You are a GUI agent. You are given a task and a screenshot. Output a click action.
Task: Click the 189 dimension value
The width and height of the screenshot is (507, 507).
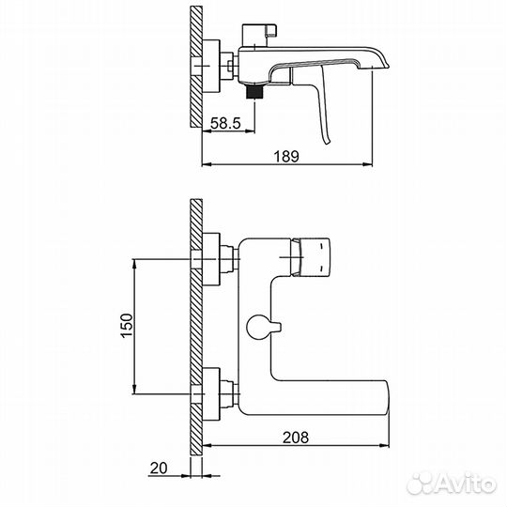pos(287,157)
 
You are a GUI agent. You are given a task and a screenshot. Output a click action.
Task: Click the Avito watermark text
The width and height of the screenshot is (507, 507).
pos(466,484)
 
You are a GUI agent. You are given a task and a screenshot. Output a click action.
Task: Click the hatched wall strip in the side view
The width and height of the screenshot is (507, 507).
pos(195,66)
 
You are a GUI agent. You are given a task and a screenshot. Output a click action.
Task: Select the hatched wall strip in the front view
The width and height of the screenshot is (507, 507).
pos(195,329)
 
